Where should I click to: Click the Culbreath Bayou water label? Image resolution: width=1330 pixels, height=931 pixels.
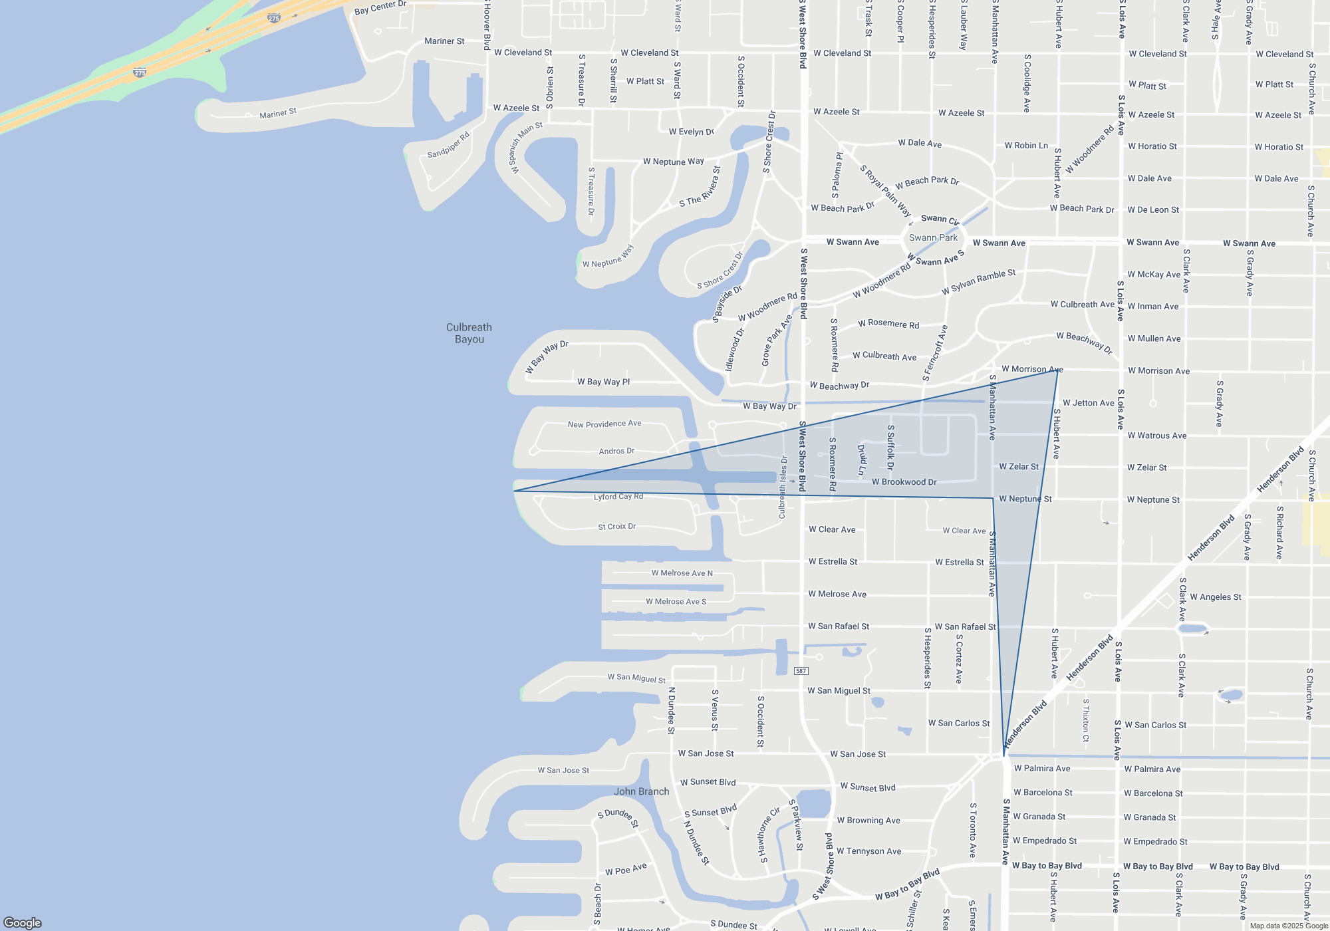469,333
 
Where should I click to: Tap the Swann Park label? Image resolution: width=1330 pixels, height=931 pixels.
933,237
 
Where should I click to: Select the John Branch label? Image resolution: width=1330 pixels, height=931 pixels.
641,791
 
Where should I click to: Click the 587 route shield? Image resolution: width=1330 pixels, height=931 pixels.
801,671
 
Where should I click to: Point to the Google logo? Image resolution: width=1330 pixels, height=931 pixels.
23,922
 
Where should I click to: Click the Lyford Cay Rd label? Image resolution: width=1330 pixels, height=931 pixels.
618,497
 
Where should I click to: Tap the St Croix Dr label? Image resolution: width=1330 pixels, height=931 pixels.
616,527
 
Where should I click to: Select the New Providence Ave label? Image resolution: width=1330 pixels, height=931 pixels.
604,424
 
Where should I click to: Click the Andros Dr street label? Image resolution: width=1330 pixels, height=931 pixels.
616,451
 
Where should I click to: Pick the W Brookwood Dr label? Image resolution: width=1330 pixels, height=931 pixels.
904,482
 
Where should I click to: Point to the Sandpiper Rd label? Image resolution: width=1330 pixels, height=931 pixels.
448,145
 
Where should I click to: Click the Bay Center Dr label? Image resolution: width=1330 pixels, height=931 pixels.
380,8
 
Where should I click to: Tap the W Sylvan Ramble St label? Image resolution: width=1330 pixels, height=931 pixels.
978,282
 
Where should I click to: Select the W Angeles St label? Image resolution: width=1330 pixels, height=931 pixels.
1216,597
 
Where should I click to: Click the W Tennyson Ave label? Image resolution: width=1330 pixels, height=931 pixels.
868,851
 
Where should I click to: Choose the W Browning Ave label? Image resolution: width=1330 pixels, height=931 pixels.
868,821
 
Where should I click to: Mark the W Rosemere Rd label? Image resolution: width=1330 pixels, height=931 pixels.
888,324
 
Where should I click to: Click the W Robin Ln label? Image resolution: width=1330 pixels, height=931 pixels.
1026,146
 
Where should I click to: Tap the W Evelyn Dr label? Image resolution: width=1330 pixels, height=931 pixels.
691,132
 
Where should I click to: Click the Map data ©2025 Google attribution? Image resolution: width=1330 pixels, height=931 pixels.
1289,926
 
